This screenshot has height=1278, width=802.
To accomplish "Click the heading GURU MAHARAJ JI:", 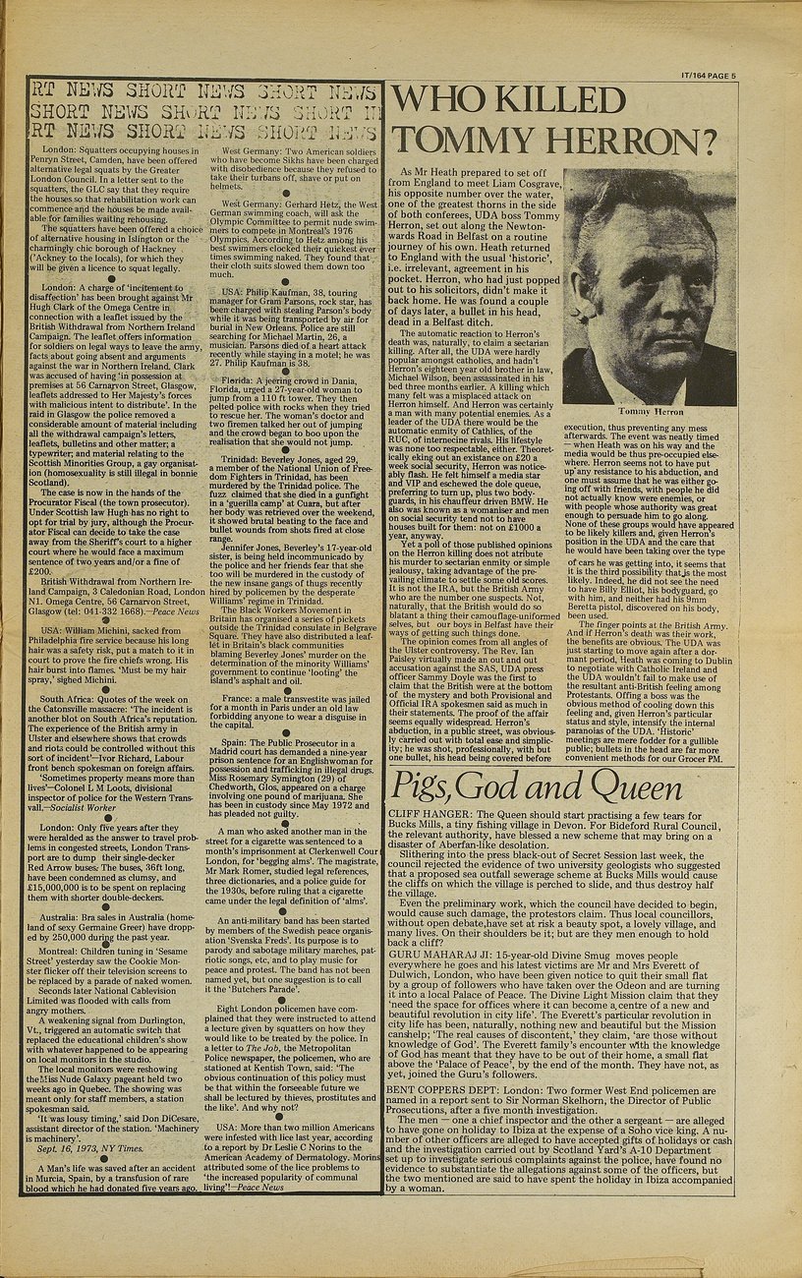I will click(x=440, y=955).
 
